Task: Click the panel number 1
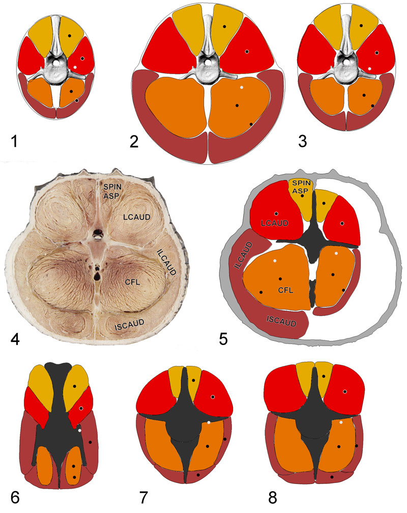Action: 14,141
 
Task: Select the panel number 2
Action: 134,141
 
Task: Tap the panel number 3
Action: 302,141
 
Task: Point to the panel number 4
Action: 15,339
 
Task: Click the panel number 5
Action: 223,339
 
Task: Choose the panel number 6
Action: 15,498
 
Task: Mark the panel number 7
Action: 143,498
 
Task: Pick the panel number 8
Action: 273,498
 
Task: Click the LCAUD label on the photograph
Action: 137,217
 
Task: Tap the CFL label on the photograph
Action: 132,282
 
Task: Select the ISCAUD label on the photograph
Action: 129,325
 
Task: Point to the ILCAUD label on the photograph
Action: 166,262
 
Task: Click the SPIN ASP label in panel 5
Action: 301,187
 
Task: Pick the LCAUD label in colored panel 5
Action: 275,223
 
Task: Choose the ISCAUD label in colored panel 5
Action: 281,321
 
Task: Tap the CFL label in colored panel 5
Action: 285,290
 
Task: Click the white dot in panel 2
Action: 242,88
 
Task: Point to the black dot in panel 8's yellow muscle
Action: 324,376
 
